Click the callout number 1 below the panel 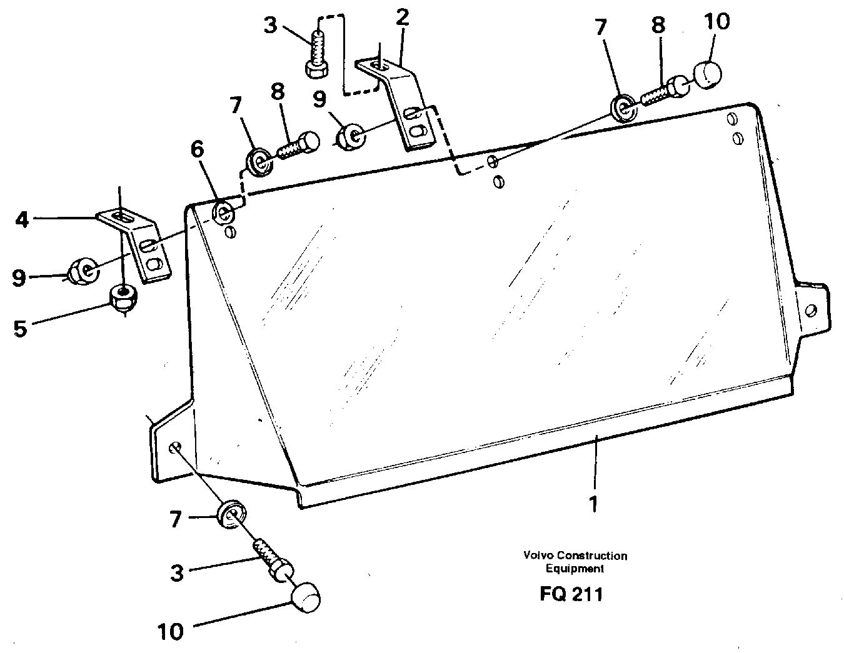click(593, 503)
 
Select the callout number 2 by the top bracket click(402, 17)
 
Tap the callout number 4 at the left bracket click(23, 219)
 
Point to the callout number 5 click(21, 328)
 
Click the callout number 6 click(197, 150)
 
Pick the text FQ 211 click(571, 593)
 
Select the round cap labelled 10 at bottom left click(304, 596)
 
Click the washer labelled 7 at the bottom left click(231, 514)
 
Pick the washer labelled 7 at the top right click(623, 107)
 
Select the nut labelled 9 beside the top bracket click(351, 136)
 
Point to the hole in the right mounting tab click(811, 310)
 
